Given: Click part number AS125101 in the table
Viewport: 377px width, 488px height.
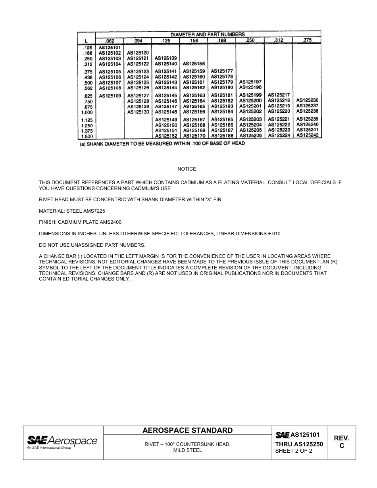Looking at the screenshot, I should (109, 48).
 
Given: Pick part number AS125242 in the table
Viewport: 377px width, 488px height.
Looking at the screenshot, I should (308, 135).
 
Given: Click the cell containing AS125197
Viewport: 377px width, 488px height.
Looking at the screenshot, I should (250, 82).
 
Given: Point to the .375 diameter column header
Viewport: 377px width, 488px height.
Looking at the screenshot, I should (307, 40).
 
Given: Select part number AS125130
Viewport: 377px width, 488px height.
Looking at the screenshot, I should (138, 112).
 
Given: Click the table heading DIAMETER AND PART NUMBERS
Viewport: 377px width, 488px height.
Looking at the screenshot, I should (208, 35).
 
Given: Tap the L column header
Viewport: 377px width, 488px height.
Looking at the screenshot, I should (86, 41).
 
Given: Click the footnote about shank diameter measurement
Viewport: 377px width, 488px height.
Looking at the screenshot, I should (162, 144).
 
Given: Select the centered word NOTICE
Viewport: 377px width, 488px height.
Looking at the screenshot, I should (187, 169).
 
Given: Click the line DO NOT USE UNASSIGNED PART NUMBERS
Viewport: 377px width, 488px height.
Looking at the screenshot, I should (92, 245).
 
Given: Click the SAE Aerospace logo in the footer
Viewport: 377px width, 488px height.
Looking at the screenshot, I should (62, 442).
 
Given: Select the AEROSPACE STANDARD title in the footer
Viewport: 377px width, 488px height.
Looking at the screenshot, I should (187, 430).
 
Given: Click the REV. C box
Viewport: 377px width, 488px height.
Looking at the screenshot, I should (341, 442).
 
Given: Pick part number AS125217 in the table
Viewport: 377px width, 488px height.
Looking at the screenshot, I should (279, 95).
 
